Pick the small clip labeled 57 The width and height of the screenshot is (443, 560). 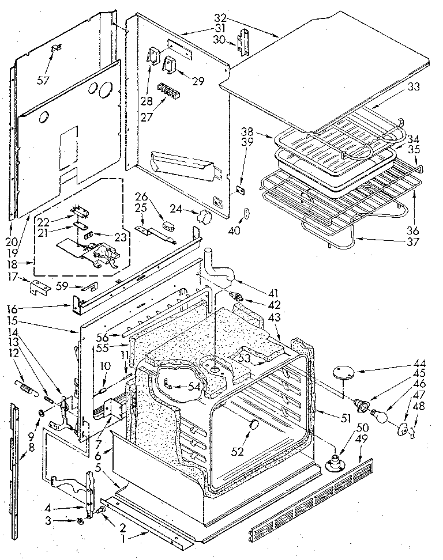point(58,48)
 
